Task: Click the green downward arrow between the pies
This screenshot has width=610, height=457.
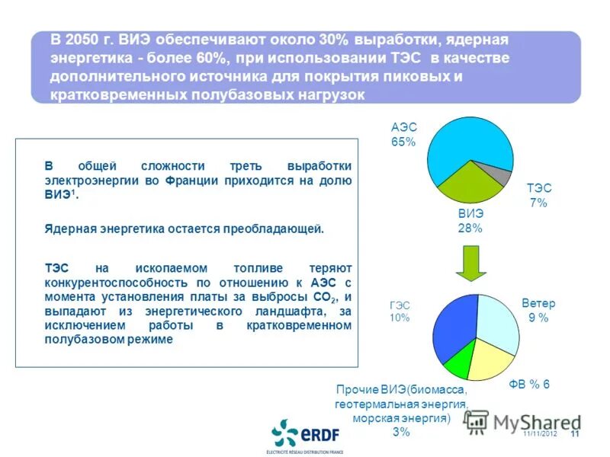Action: [x=470, y=263]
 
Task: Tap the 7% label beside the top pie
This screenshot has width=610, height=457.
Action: [x=538, y=203]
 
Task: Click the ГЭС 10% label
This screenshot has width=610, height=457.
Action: [x=400, y=311]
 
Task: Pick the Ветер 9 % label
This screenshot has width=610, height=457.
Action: [x=538, y=311]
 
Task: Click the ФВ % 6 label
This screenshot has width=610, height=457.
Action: [x=529, y=385]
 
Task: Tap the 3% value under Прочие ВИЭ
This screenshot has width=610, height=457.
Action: [x=401, y=432]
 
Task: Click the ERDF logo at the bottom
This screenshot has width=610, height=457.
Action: [x=306, y=435]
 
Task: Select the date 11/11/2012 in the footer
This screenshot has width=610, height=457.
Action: [x=540, y=434]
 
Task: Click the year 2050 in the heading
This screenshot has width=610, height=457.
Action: [x=82, y=39]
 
